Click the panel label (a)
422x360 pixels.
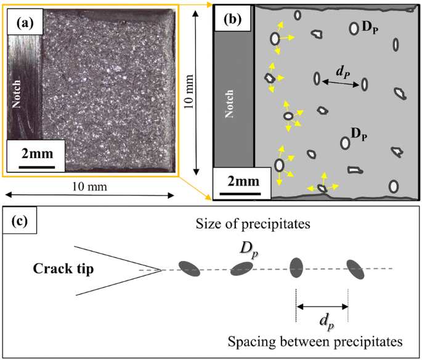24,24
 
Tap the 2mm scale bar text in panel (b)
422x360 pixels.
237,183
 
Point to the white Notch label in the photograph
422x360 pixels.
17,93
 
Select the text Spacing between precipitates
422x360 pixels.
315,340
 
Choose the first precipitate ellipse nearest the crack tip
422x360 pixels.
190,267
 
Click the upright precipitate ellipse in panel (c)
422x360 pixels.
296,266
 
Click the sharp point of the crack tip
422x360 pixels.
161,270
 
